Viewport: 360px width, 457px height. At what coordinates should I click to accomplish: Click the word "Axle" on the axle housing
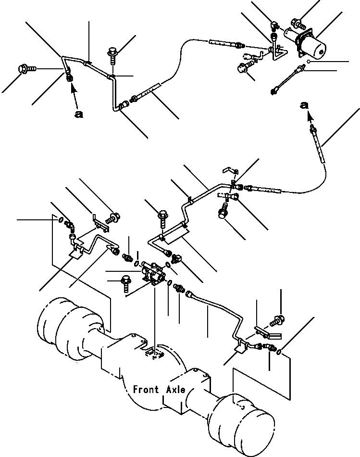(175, 389)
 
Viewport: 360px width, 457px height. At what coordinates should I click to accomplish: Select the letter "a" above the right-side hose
(303, 104)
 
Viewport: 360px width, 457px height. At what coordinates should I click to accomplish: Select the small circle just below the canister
(310, 62)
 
